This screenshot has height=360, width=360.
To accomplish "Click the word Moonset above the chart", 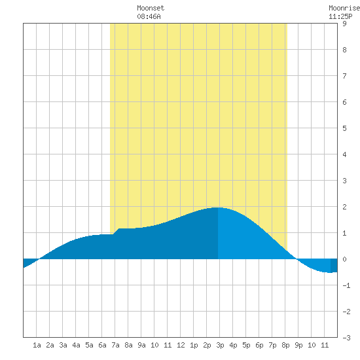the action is [151, 8].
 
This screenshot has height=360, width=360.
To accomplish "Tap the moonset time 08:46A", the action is [149, 16].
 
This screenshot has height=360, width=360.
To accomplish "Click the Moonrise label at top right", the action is [344, 8].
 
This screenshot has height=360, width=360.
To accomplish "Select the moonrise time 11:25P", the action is [340, 16].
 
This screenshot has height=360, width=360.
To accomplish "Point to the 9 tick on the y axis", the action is [344, 24].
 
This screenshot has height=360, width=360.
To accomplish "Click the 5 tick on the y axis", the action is [344, 128].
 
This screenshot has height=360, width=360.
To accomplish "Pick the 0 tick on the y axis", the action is [344, 259].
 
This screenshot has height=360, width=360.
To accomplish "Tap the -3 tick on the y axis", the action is [346, 338].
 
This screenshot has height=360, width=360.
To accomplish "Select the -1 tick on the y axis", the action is [346, 285].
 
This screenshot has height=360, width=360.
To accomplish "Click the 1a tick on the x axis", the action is [37, 345].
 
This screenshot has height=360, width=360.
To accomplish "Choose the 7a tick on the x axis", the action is [115, 345].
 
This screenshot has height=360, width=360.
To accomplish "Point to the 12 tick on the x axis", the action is [181, 345].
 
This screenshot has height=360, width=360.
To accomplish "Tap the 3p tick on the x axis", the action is [220, 345].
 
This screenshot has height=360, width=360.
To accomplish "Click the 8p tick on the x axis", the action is [285, 345].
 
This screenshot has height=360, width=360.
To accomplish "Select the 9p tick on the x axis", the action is [298, 345].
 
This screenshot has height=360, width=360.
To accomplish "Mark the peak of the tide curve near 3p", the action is [218, 207].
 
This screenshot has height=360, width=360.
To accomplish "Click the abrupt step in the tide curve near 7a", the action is [116, 231].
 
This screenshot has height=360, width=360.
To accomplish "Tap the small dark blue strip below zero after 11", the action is [334, 266].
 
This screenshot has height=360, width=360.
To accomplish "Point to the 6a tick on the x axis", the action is [102, 345].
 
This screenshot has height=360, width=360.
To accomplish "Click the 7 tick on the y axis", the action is [344, 76].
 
